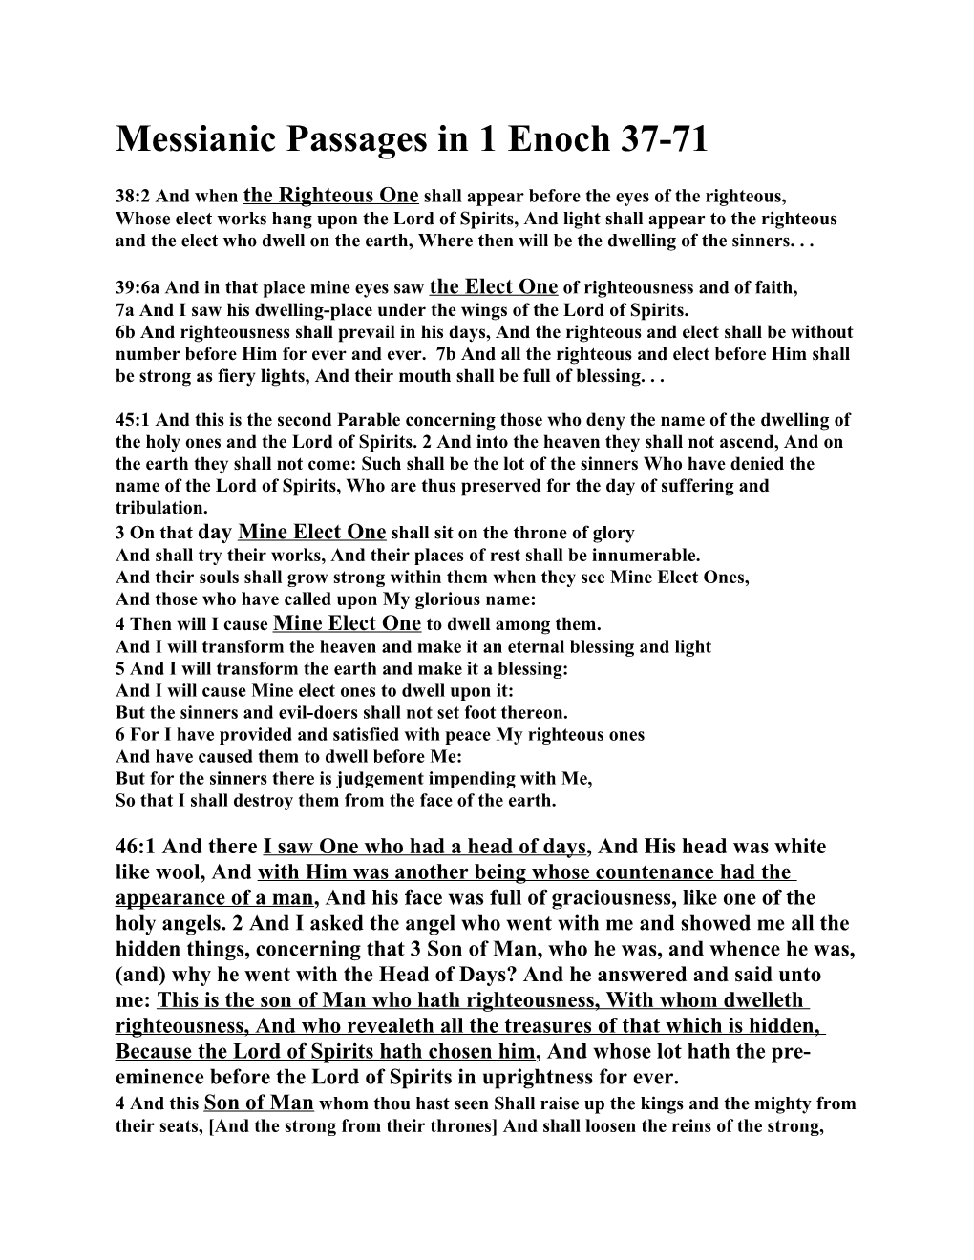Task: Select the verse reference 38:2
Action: pos(133,198)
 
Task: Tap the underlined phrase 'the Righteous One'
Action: pos(331,196)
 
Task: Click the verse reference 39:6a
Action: pos(139,287)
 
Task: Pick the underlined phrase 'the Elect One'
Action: pos(494,286)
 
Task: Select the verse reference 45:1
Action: pos(133,420)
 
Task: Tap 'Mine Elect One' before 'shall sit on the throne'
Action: pos(311,532)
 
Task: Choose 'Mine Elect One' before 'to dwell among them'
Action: pos(347,623)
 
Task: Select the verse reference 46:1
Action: pos(137,847)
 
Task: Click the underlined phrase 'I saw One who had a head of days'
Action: pos(424,847)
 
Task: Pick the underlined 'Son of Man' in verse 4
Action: pos(259,1102)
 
